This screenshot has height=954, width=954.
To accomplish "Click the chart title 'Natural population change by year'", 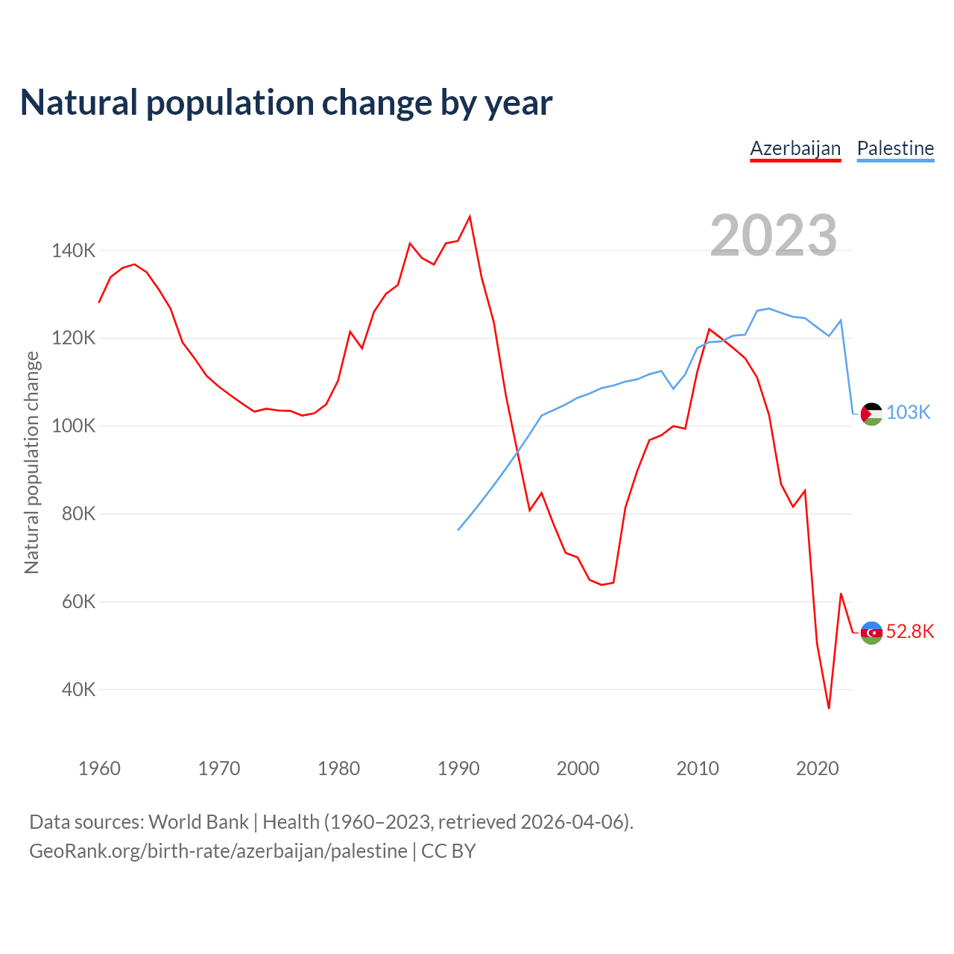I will click(286, 102).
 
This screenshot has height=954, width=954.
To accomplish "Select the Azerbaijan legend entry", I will click(795, 148).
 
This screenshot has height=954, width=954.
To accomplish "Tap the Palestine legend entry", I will click(895, 148).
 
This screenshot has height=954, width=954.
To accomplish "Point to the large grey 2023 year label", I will click(774, 236).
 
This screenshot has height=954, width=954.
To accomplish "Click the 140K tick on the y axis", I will click(74, 250).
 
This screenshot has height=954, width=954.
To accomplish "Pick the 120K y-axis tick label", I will click(74, 338).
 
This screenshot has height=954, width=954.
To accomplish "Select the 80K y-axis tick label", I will click(78, 514).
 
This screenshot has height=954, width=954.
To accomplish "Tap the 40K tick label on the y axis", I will click(78, 689).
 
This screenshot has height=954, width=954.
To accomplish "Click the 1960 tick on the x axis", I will click(99, 768).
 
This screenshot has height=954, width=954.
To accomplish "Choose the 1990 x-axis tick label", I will click(458, 768).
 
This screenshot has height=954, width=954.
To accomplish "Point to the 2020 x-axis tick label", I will click(818, 768).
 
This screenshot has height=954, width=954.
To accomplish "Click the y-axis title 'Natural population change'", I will click(32, 462).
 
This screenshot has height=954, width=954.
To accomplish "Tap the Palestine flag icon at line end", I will click(871, 414).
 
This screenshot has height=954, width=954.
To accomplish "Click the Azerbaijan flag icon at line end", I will click(871, 633).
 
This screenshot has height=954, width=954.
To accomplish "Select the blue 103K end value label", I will click(909, 413).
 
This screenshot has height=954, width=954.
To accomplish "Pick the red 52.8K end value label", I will click(910, 632).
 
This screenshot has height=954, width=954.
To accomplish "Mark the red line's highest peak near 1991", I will click(470, 217).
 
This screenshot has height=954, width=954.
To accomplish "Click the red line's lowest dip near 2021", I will click(829, 708).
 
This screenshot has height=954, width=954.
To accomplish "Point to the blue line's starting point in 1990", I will click(458, 530).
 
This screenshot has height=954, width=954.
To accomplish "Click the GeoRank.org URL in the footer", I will click(218, 851).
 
